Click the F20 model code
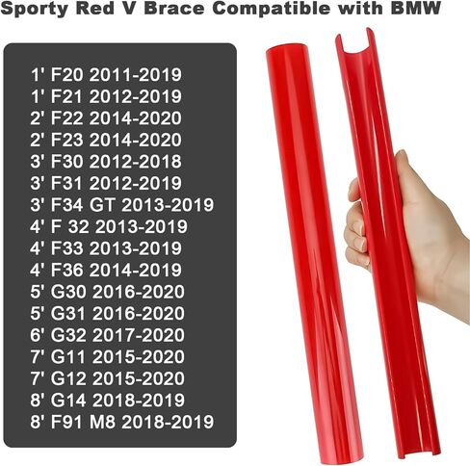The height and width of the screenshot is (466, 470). click(67, 74)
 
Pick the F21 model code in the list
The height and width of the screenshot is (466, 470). click(66, 96)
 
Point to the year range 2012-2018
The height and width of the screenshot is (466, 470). click(136, 161)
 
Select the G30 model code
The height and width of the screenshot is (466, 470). click(68, 292)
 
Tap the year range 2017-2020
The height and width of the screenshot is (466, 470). click(139, 335)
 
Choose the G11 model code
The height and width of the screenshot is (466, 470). click(68, 356)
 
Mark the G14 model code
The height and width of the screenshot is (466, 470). click(68, 400)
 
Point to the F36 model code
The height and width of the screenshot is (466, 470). click(67, 270)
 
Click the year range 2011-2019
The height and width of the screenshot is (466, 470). click(136, 74)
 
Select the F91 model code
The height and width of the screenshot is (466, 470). click(66, 422)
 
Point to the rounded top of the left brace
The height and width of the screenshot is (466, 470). click(286, 51)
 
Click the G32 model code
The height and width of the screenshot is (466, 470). click(68, 335)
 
